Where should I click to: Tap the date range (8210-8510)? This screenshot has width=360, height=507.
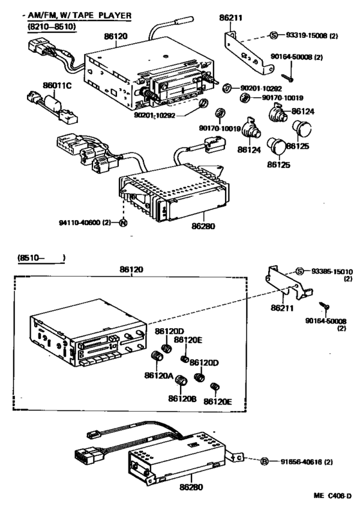pyautogui.click(x=51, y=27)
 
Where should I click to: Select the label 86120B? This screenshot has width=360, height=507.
pyautogui.click(x=181, y=399)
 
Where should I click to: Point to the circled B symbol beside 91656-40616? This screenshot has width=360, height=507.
pyautogui.click(x=264, y=462)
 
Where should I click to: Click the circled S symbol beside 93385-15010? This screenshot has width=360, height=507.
pyautogui.click(x=299, y=271)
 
